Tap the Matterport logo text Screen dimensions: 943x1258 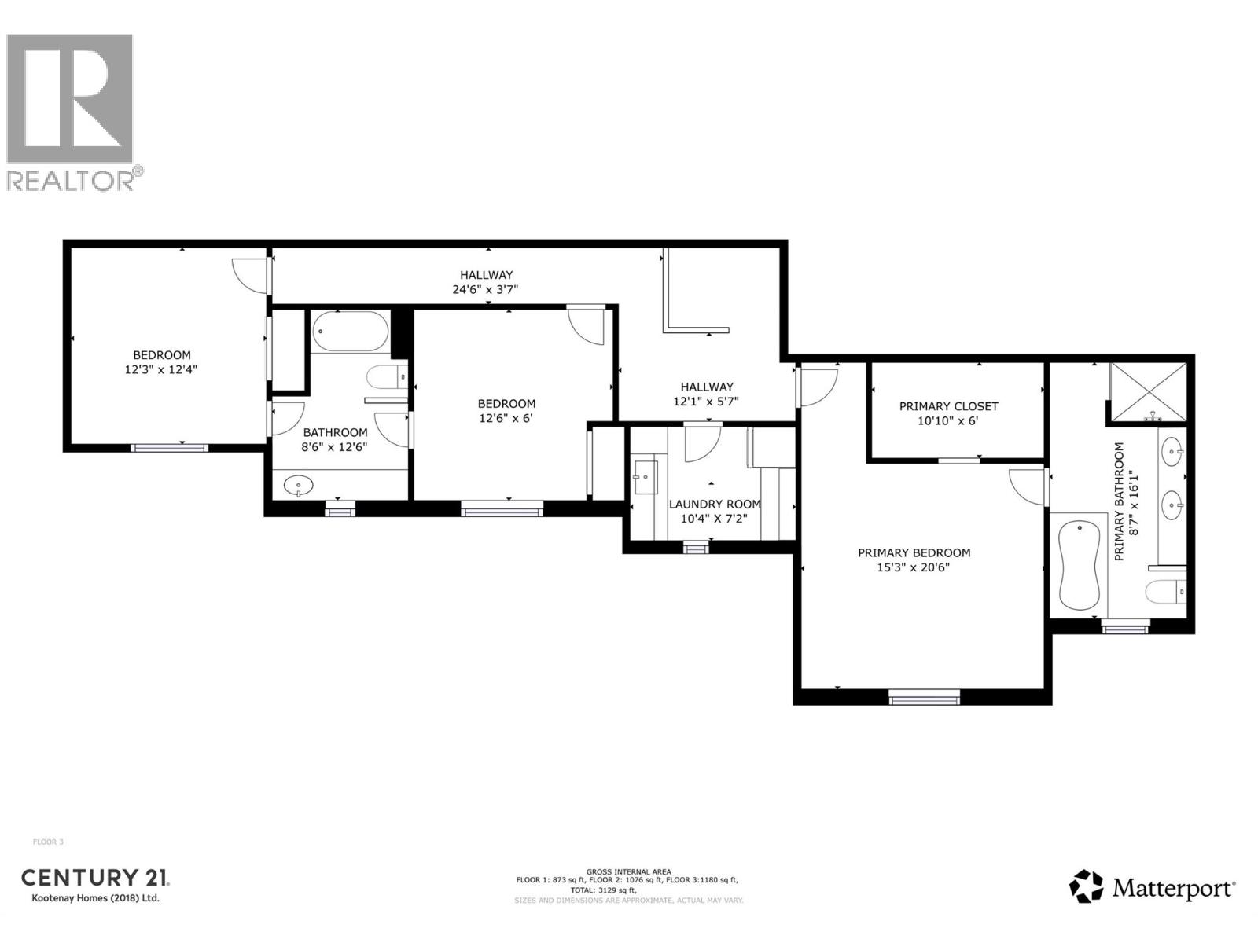pyautogui.click(x=1172, y=889)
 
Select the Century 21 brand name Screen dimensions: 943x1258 pyautogui.click(x=94, y=878)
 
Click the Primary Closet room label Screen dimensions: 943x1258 pyautogui.click(x=948, y=406)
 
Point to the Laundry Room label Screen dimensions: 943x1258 pyautogui.click(x=714, y=505)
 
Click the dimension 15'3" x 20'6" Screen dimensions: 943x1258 pyautogui.click(x=913, y=567)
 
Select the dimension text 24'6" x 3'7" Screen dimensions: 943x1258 pyautogui.click(x=485, y=289)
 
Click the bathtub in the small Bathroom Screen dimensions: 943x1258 pyautogui.click(x=350, y=332)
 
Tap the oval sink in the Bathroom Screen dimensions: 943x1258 pyautogui.click(x=299, y=485)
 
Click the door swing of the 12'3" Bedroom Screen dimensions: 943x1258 pyautogui.click(x=248, y=275)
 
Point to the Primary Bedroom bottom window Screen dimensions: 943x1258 pyautogui.click(x=924, y=695)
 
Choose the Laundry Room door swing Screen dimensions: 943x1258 pyautogui.click(x=701, y=445)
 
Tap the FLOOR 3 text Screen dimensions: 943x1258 pyautogui.click(x=48, y=842)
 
